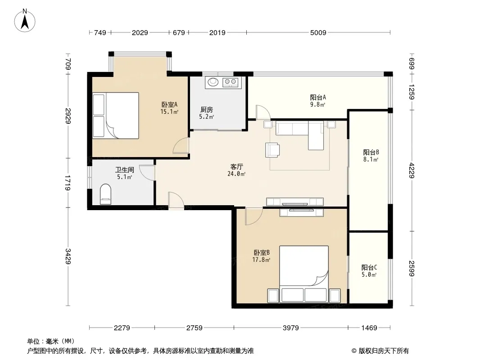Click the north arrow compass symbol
(x=25, y=21)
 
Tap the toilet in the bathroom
(x=106, y=194)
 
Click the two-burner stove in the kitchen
(x=230, y=81)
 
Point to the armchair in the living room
(x=272, y=150)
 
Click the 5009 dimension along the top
(x=318, y=32)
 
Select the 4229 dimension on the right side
(x=412, y=171)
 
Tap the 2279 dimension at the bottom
(x=122, y=328)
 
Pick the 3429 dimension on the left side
(x=68, y=256)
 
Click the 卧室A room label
(x=169, y=104)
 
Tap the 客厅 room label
(x=236, y=166)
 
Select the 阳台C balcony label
(x=369, y=268)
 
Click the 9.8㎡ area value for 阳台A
(x=317, y=104)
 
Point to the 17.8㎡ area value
(x=261, y=260)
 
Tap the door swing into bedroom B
(x=254, y=216)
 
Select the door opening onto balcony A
(x=263, y=112)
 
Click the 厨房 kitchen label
(x=206, y=109)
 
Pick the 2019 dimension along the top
(x=217, y=32)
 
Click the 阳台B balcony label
(x=371, y=152)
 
